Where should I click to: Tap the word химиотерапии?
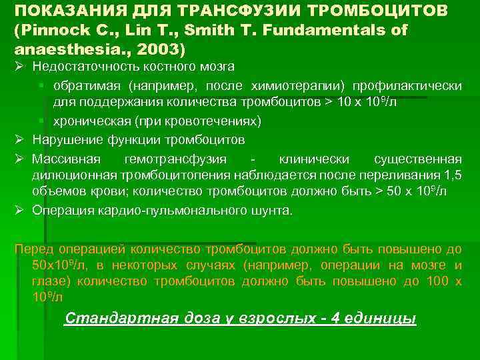(299, 86)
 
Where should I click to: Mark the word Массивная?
(67, 159)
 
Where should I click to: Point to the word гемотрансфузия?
(175, 159)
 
